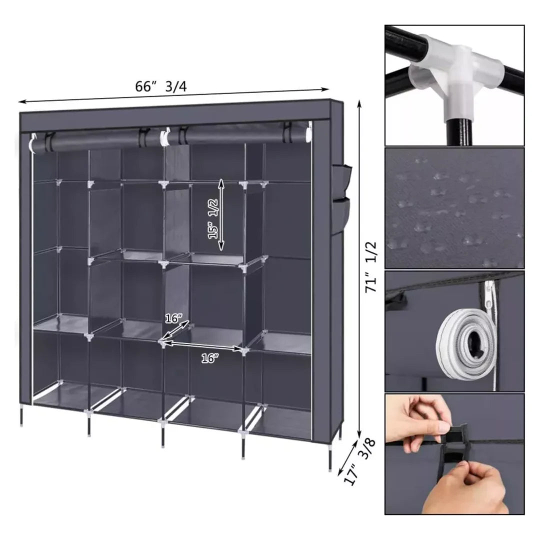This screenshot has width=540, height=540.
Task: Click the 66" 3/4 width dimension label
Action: [161, 86]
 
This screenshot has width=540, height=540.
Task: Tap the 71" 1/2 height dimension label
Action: [371, 267]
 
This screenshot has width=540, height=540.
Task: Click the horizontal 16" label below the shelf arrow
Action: [209, 358]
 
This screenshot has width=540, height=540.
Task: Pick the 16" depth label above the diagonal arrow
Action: [173, 318]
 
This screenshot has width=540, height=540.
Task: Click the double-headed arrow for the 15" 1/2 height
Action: [221, 214]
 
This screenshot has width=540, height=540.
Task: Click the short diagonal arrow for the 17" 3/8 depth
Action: [348, 457]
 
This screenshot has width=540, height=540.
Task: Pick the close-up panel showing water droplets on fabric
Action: [454, 208]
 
